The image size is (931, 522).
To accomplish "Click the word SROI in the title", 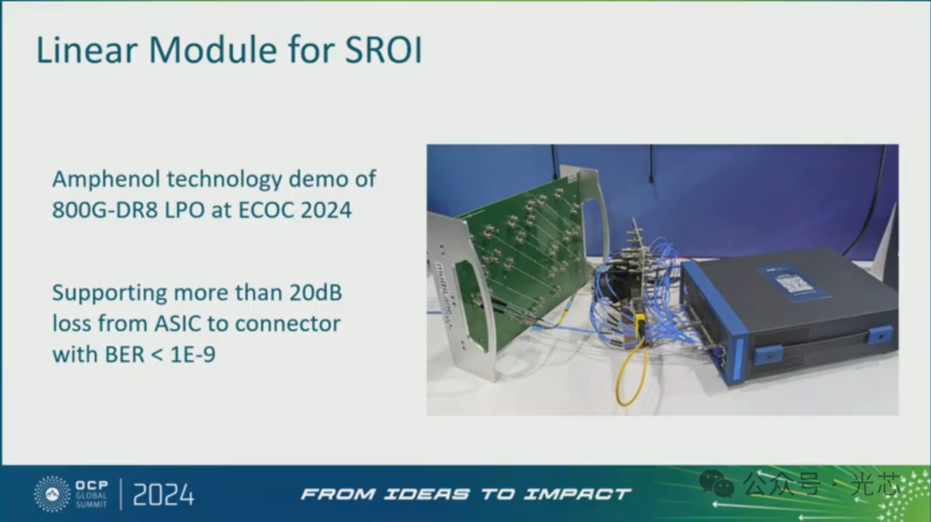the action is click(x=384, y=49).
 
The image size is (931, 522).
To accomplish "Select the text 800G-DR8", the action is click(x=105, y=210).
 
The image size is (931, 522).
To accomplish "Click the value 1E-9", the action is click(x=192, y=355).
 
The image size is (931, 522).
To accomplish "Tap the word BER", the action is click(x=125, y=355).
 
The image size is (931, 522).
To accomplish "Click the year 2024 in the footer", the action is click(x=163, y=495).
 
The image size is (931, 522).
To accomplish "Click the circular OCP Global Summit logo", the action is click(x=53, y=494).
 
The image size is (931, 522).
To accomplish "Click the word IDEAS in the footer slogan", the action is click(x=427, y=494).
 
